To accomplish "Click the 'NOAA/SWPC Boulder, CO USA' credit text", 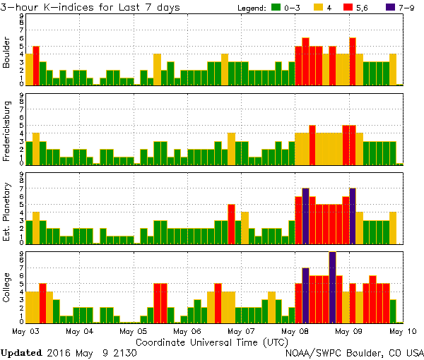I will [354, 352].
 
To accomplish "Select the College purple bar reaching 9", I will [332, 287].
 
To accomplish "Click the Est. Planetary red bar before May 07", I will [231, 224].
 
